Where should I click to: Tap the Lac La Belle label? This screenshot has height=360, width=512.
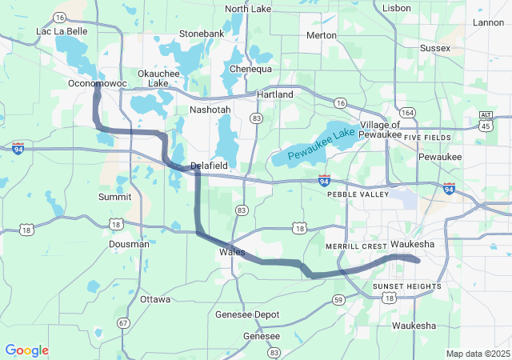(x=62, y=31)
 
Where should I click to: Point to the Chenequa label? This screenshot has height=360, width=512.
(x=251, y=70)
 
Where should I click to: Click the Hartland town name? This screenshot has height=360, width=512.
(x=274, y=94)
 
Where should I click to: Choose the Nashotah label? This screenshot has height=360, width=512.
(x=210, y=110)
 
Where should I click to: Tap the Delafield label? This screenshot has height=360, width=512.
(x=210, y=166)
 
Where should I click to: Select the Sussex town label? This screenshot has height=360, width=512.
(x=435, y=48)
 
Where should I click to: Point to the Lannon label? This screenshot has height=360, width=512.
(x=489, y=22)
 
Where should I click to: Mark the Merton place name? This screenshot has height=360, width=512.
(x=322, y=36)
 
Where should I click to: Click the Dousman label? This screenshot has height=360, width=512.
(x=129, y=244)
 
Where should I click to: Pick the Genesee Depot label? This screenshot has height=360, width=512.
(x=247, y=314)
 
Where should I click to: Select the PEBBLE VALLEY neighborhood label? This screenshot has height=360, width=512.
(x=358, y=194)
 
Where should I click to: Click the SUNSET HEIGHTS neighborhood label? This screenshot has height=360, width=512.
(x=406, y=286)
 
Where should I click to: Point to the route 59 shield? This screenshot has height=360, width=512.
(x=338, y=299)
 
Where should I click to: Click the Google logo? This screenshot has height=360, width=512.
(x=26, y=350)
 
